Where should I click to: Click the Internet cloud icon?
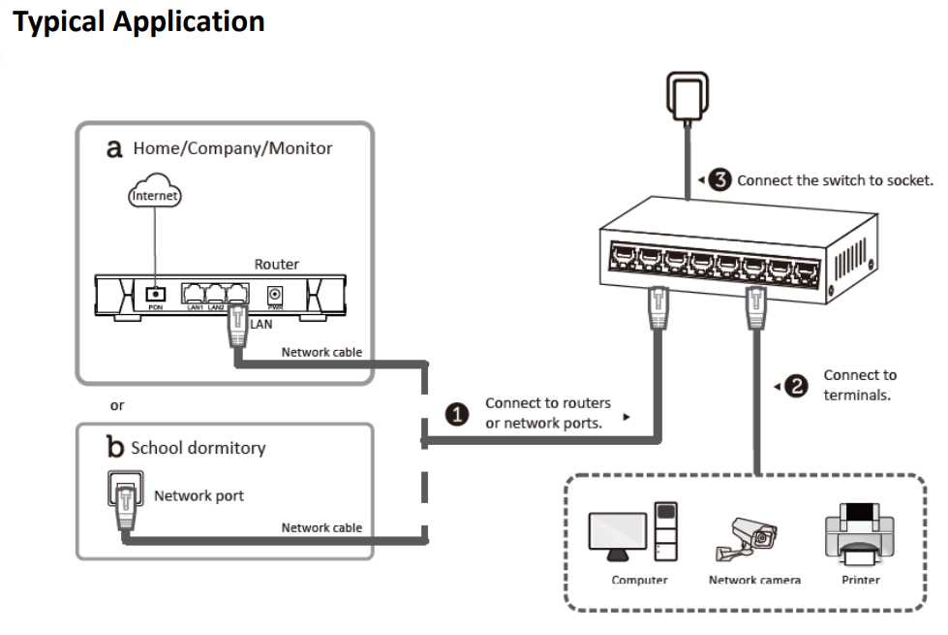click(156, 195)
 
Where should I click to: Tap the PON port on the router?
click(153, 293)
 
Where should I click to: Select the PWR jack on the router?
click(276, 294)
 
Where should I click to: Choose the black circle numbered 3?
click(719, 179)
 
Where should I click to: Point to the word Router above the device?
click(276, 263)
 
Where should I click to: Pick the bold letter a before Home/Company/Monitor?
click(115, 148)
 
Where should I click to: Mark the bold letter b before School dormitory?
click(115, 447)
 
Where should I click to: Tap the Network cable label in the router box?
click(321, 352)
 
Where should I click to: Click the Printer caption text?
click(860, 580)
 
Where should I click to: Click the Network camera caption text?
click(754, 580)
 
